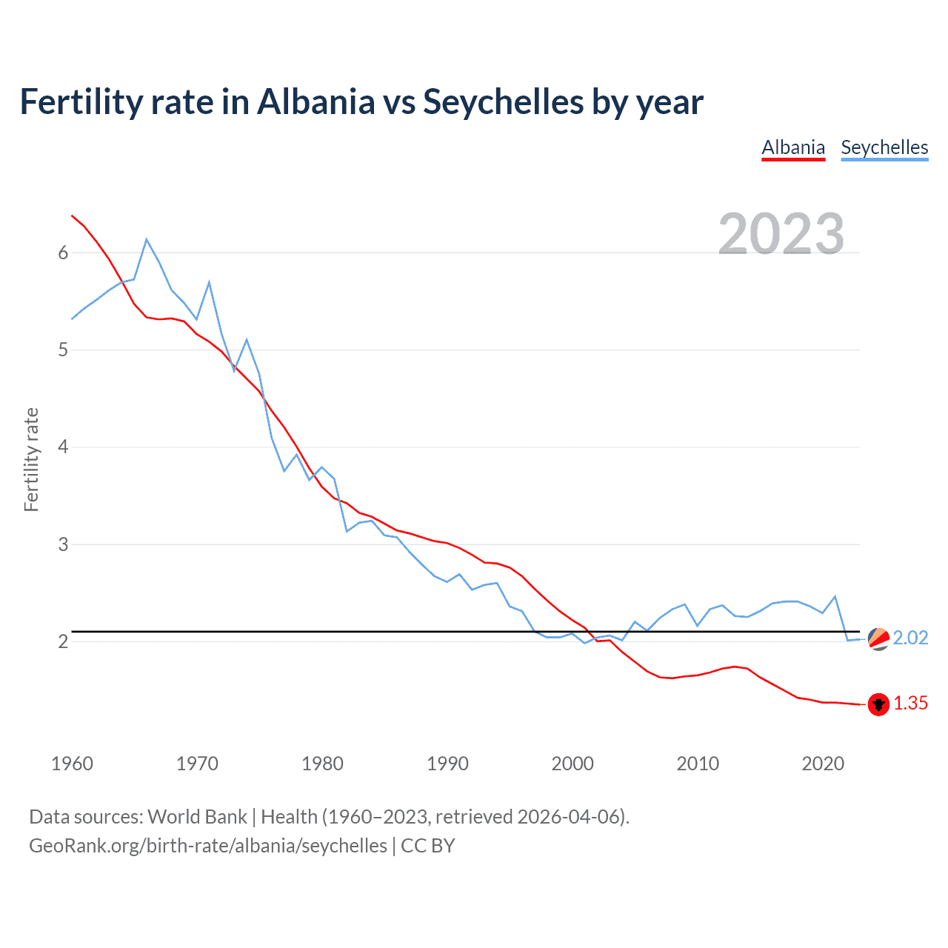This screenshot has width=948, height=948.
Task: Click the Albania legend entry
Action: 793,147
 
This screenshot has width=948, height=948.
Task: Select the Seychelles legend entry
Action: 884,147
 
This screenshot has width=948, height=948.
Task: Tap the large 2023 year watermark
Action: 781,234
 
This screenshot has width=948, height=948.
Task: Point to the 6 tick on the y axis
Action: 63,253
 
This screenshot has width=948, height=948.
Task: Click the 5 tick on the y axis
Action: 63,350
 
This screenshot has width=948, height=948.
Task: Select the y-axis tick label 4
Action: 63,447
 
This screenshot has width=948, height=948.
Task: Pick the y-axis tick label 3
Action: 63,544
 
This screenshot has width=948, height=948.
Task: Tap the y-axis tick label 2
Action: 63,641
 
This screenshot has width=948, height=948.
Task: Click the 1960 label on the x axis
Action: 72,764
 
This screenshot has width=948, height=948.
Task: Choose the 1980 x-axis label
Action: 322,764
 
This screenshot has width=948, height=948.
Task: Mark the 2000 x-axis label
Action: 573,764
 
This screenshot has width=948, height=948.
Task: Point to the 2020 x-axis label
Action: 823,764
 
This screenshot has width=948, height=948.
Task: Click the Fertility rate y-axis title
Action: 31,459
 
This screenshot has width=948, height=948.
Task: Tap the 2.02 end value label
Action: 910,638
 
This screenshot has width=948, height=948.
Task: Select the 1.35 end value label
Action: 910,704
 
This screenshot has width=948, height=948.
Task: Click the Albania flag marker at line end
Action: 878,704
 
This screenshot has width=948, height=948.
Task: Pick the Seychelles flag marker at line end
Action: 878,638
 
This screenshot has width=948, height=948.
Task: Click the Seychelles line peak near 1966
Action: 147,239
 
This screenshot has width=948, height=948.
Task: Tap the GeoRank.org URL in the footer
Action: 208,846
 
